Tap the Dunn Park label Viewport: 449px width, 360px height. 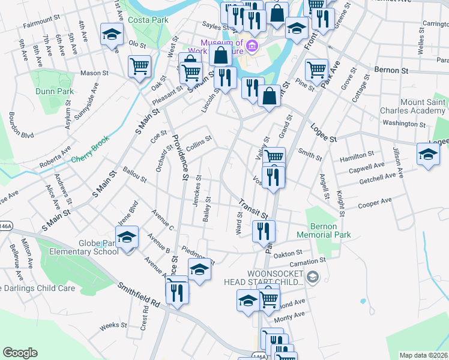pyautogui.click(x=54, y=92)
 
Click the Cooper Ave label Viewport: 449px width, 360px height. pyautogui.click(x=375, y=203)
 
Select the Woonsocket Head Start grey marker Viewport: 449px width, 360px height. pyautogui.click(x=312, y=277)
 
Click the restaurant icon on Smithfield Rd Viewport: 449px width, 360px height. pyautogui.click(x=176, y=292)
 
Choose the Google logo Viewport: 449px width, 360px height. pyautogui.click(x=20, y=352)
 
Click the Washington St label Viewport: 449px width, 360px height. pyautogui.click(x=404, y=124)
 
